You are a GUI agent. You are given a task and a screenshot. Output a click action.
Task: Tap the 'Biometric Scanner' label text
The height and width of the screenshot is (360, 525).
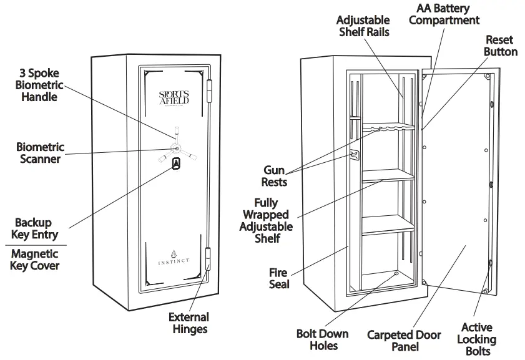pos(40,153)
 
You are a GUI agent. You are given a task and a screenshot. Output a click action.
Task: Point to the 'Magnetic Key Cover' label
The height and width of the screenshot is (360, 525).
pos(35,260)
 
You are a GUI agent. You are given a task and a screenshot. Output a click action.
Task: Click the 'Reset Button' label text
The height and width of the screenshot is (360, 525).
pos(501,45)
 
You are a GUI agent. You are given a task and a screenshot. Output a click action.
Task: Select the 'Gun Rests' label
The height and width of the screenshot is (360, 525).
pos(275,176)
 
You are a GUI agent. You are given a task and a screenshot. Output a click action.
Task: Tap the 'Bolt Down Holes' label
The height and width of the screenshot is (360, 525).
pos(322,339)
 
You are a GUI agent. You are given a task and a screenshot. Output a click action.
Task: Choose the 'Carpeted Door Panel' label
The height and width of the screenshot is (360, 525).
pos(404,340)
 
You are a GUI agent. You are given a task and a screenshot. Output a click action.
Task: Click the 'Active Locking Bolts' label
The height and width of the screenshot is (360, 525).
pos(478,339)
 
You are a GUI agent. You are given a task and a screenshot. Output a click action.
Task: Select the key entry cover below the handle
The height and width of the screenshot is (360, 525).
pos(176,163)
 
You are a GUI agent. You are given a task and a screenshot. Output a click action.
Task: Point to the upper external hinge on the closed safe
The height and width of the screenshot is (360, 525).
pos(209,87)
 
